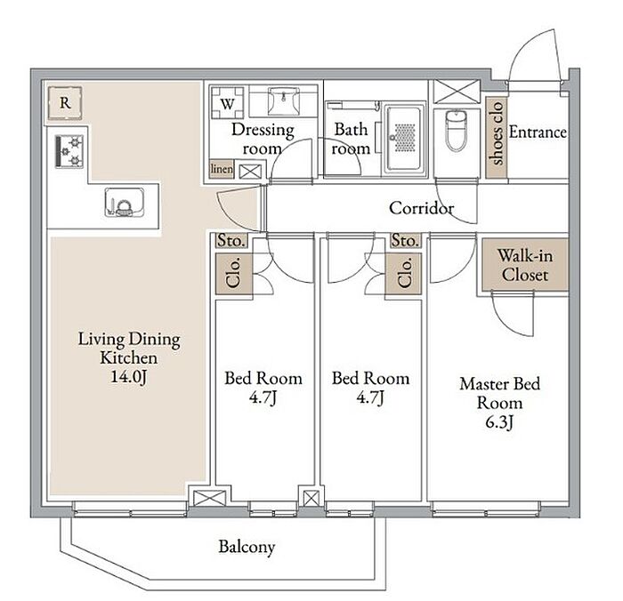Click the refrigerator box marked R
(x=65, y=103)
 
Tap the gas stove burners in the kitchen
(x=69, y=151)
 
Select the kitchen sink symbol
(x=124, y=203)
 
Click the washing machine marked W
(x=227, y=104)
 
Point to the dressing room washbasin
(x=283, y=101)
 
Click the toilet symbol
(x=456, y=130)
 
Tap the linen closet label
(x=222, y=169)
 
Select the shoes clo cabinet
(x=497, y=132)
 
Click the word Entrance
(x=538, y=132)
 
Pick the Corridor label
(x=422, y=208)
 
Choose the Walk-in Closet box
(x=525, y=265)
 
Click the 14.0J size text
(x=128, y=376)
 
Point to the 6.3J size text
(x=499, y=422)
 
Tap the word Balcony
(x=247, y=547)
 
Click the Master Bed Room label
(x=500, y=393)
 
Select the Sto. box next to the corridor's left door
(x=231, y=241)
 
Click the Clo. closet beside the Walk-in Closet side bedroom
(x=404, y=273)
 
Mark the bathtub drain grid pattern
(x=405, y=137)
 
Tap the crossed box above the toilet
(x=457, y=92)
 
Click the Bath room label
(x=351, y=139)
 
